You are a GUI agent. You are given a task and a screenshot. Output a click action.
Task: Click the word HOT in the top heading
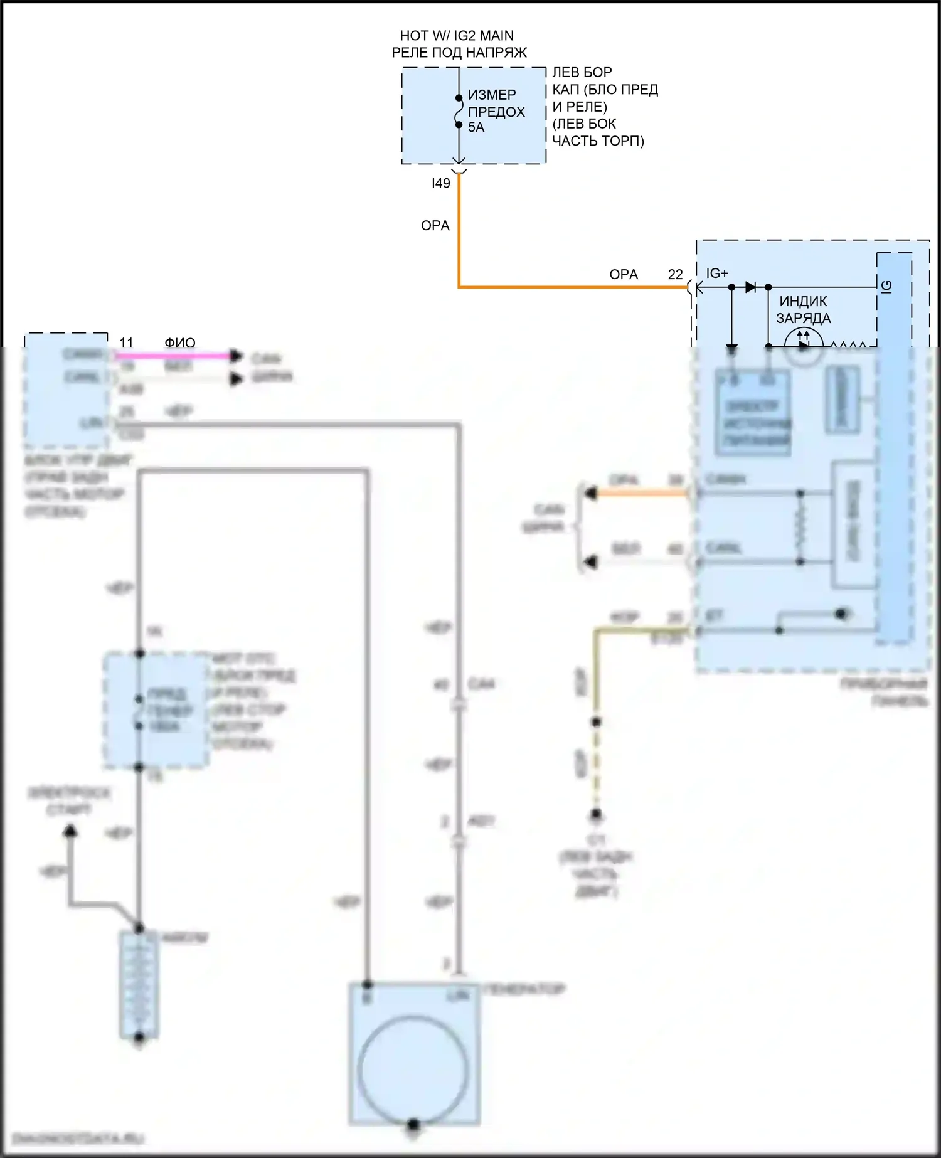[x=414, y=36]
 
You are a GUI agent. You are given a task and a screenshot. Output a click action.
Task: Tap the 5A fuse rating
[x=476, y=127]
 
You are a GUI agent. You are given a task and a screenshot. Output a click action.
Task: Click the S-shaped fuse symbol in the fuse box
[x=459, y=112]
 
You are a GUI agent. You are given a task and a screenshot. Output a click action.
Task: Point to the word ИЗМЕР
[x=492, y=95]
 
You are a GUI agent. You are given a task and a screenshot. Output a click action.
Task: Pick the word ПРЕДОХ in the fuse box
[x=496, y=112]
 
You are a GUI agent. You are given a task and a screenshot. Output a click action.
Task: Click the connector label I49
[x=440, y=183]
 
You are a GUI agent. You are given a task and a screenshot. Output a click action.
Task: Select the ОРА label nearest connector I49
[x=435, y=226]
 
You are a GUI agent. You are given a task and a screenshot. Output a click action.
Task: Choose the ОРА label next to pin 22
[x=623, y=275]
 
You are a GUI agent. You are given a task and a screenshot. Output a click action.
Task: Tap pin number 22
[x=675, y=275]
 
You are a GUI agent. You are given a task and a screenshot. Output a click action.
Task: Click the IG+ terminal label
[x=717, y=274]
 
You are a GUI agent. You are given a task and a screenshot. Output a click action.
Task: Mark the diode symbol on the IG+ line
[x=750, y=287]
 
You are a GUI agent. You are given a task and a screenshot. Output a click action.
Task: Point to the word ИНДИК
[x=803, y=302]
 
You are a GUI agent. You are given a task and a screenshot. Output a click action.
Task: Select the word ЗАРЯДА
[x=803, y=319]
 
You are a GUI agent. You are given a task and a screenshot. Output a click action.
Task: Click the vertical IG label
[x=886, y=286]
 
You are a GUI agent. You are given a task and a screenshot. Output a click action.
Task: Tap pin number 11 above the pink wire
[x=126, y=343]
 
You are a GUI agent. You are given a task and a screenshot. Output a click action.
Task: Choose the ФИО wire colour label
[x=180, y=343]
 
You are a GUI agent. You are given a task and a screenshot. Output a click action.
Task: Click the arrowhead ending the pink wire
[x=236, y=356]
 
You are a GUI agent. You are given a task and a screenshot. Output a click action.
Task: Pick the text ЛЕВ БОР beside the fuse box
[x=582, y=73]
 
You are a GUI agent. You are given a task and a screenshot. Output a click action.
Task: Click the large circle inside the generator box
[x=413, y=1070]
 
